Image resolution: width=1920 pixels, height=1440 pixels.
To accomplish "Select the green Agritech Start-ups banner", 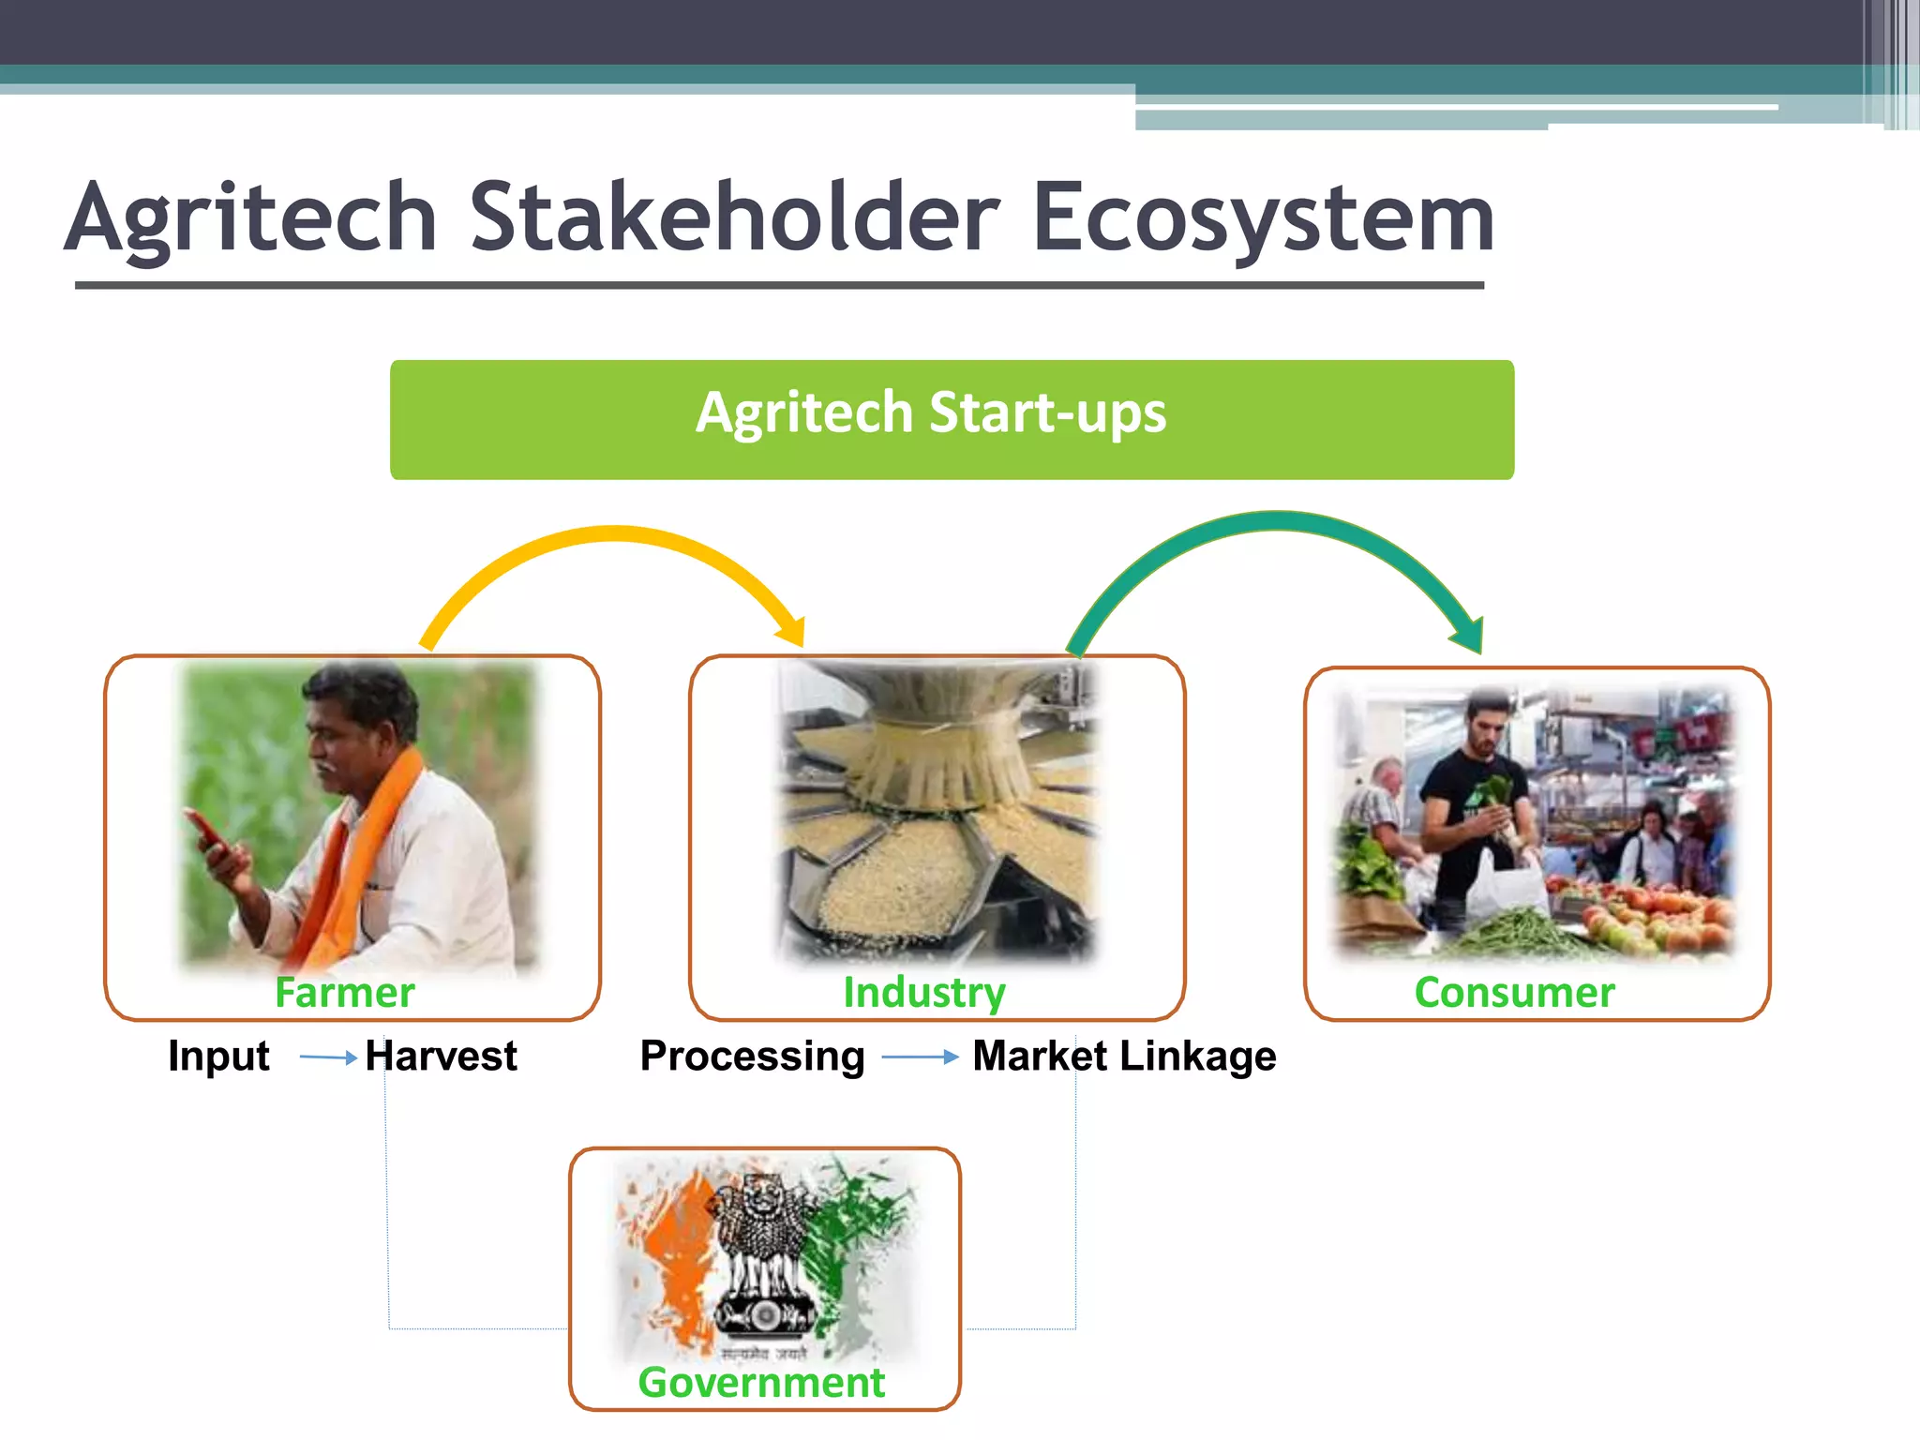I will pos(951,419).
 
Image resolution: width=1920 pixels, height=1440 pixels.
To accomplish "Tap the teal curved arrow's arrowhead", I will pos(1469,636).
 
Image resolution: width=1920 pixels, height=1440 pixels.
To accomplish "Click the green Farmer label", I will pos(344,992).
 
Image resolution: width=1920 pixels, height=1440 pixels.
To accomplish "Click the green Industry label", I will pos(923,992).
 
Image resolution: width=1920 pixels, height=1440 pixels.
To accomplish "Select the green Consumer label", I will pos(1514,992).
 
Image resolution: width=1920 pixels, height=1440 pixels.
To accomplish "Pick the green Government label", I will pos(761,1382).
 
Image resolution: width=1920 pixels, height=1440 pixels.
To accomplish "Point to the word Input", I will pos(218,1056).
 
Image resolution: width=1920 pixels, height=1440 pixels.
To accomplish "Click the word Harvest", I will pos(441,1056).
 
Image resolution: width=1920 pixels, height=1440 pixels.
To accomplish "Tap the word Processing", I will pos(752,1056).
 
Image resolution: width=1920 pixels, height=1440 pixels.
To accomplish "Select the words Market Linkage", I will pos(1123,1056).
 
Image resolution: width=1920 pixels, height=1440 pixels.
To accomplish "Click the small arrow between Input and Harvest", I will pos(328,1057).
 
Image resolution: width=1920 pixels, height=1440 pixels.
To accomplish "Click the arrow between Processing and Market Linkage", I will pos(920,1057).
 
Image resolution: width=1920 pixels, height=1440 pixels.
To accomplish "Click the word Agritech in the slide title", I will pos(251,217).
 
